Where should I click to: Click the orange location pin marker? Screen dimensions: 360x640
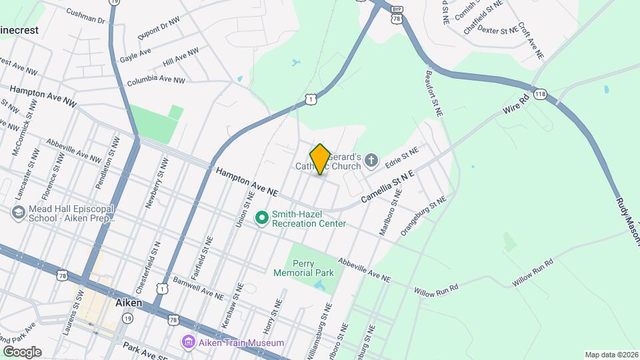320,159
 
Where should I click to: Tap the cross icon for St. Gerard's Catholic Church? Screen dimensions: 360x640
372,160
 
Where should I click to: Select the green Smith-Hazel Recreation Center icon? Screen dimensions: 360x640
262,218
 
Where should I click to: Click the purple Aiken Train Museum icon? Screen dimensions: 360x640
188,342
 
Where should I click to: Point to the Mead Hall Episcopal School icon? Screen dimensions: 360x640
18,213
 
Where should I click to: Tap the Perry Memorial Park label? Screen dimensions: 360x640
303,268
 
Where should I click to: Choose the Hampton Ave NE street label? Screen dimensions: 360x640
246,181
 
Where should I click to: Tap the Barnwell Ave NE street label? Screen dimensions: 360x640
198,289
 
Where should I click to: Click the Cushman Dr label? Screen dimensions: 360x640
87,17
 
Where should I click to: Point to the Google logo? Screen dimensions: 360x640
22,351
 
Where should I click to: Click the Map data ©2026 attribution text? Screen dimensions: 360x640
611,355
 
